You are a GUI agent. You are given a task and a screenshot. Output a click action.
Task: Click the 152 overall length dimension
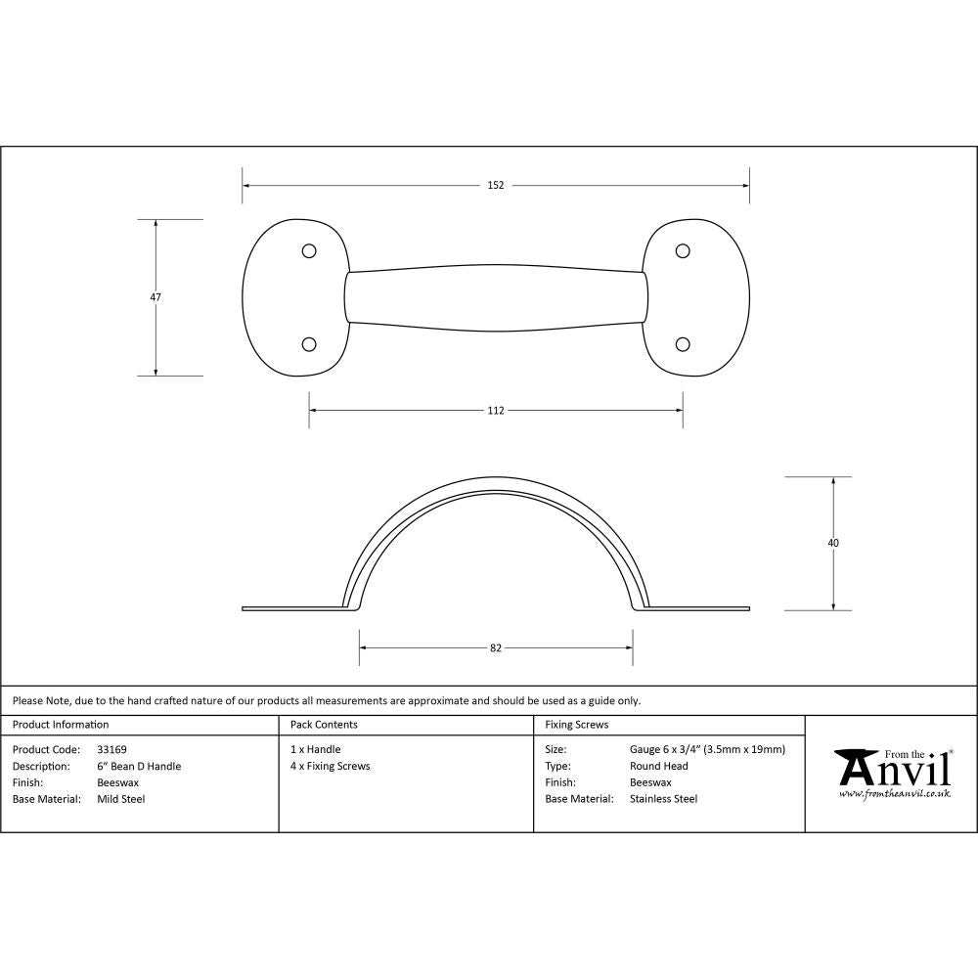pos(496,185)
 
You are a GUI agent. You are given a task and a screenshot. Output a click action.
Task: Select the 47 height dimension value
pos(156,297)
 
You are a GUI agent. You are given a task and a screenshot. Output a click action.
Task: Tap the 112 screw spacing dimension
pos(496,410)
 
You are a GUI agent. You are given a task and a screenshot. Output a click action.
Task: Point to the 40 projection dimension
pos(833,543)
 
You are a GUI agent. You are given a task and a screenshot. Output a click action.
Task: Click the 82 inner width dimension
pos(496,647)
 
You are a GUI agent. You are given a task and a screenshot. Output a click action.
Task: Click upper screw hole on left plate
pos(309,251)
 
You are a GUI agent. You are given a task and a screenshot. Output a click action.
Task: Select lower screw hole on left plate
pos(309,343)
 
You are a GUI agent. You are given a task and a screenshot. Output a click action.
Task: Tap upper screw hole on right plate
pos(684,251)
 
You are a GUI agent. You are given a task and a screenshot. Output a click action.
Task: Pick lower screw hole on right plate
pos(684,343)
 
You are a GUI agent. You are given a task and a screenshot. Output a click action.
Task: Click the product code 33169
pos(111,750)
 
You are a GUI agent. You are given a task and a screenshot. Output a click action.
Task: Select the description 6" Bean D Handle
pos(139,767)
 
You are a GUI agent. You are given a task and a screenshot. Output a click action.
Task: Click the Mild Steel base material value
pos(121,799)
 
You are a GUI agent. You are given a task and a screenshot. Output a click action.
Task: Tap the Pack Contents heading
pos(324,725)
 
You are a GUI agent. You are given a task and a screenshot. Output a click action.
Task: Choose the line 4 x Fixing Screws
pos(330,767)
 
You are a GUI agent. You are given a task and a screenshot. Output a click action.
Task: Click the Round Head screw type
pos(658,767)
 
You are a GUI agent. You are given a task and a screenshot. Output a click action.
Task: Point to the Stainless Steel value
pos(663,799)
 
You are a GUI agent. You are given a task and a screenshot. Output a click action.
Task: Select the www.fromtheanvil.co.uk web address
pos(895,794)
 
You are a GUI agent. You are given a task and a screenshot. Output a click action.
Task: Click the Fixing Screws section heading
pos(576,725)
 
